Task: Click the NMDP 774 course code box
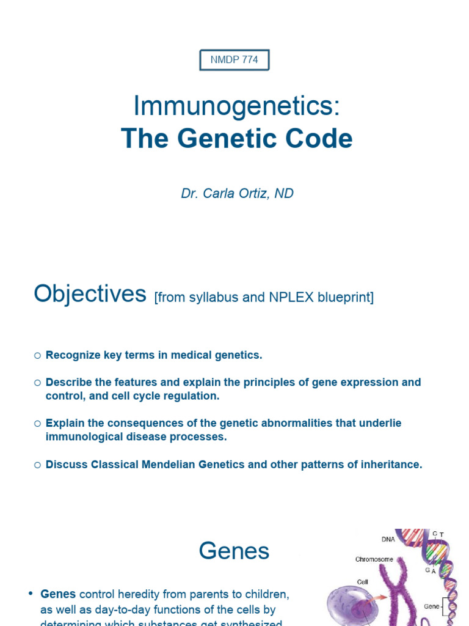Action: (234, 60)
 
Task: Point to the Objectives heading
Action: (90, 294)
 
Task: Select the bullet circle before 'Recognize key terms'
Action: (37, 355)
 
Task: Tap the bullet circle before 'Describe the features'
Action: (37, 383)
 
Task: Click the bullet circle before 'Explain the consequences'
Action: (37, 423)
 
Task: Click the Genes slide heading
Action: (234, 551)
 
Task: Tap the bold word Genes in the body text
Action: (58, 594)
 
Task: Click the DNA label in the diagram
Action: (388, 539)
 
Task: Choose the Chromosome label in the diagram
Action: (374, 559)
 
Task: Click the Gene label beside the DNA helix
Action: (432, 606)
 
